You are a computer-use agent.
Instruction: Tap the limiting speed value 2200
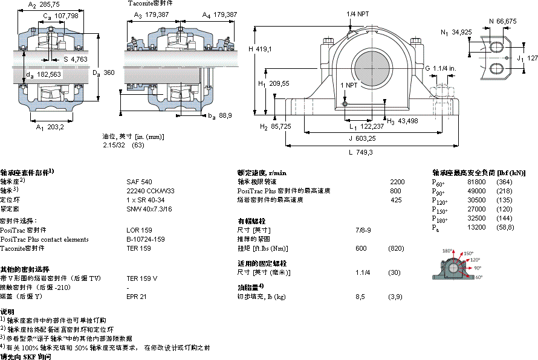[x=397, y=182]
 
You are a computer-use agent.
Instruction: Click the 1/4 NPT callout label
[x=358, y=13]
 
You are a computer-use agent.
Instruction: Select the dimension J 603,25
[x=362, y=138]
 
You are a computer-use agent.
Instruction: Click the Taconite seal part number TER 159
[x=138, y=248]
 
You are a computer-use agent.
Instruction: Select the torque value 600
[x=361, y=248]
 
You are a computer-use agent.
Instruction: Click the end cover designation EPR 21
[x=136, y=297]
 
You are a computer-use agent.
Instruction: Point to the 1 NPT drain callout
[x=349, y=85]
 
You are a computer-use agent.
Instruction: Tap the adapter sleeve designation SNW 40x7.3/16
[x=149, y=209]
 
